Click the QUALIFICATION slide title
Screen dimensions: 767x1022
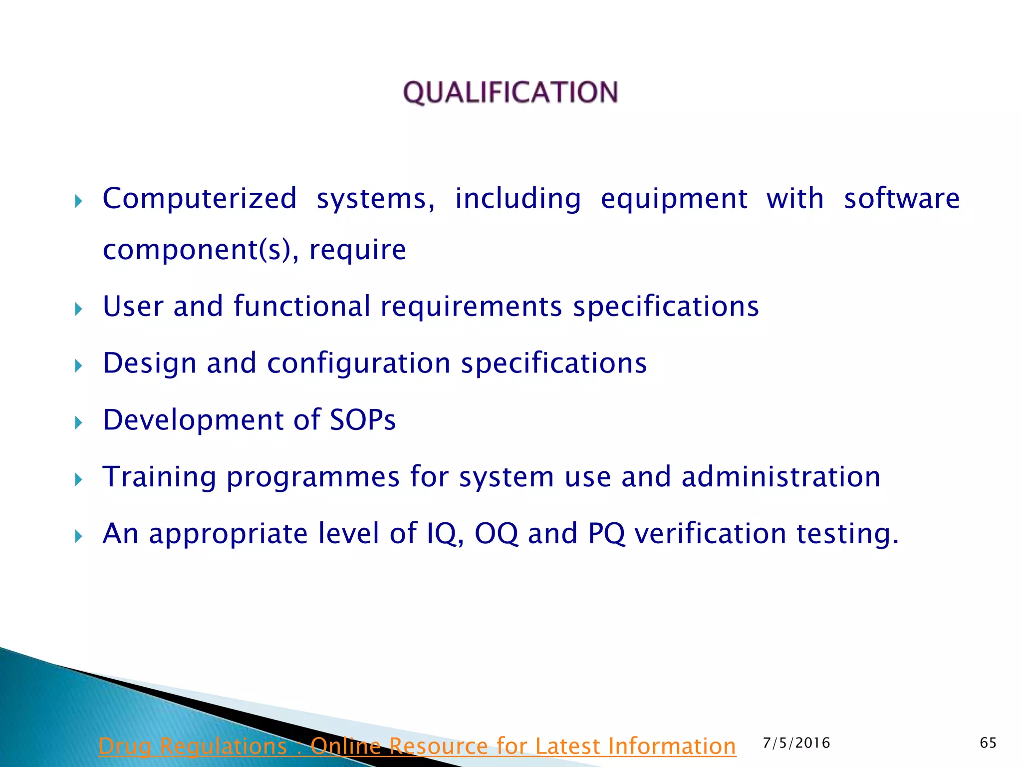[x=511, y=93]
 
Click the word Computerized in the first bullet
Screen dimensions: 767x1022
[x=200, y=199]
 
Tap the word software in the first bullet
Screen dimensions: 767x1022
[x=902, y=199]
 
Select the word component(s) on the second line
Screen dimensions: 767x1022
[x=198, y=250]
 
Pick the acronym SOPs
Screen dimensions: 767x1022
[x=363, y=419]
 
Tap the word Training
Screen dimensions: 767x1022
[x=159, y=477]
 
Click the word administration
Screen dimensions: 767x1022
[x=781, y=476]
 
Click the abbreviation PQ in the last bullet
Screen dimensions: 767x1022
[x=606, y=534]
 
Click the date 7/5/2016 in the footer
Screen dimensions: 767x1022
[x=796, y=743]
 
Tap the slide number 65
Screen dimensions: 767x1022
[x=988, y=743]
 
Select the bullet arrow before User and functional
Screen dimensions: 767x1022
[x=78, y=310]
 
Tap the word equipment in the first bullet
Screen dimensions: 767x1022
[x=674, y=199]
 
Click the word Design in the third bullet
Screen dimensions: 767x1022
[x=149, y=363]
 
